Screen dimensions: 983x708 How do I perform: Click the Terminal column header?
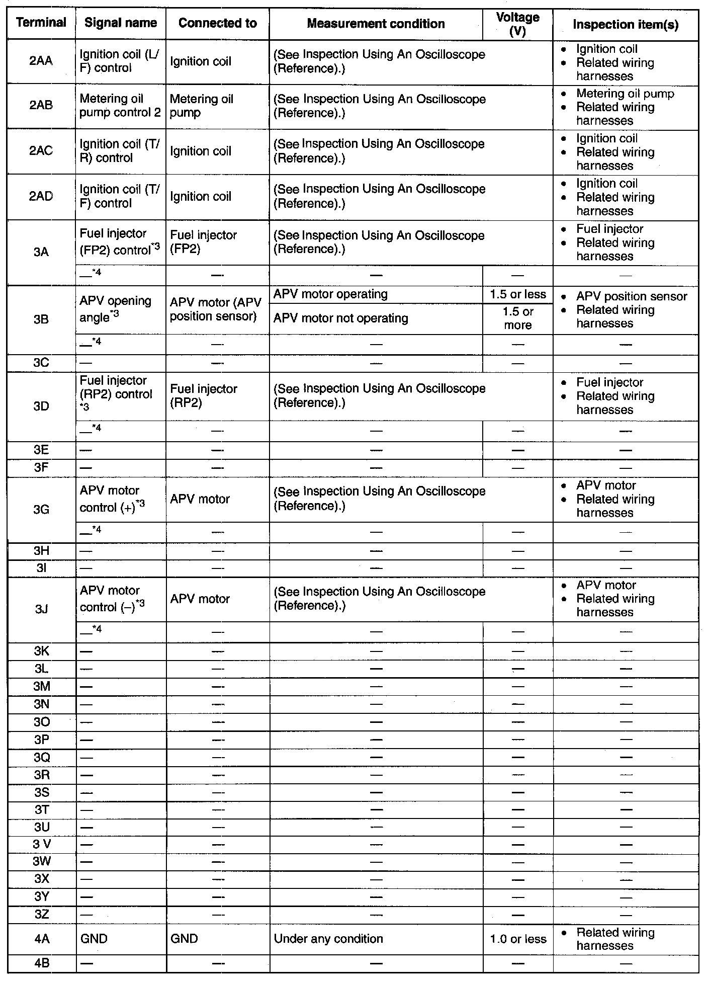[41, 23]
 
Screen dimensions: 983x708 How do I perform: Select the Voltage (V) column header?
[517, 24]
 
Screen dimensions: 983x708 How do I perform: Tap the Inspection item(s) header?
[626, 25]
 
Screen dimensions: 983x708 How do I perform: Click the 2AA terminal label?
[41, 61]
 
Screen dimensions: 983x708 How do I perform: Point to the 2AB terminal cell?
[41, 105]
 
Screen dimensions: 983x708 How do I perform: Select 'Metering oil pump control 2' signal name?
[120, 106]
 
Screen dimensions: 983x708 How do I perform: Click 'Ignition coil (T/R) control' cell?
[120, 151]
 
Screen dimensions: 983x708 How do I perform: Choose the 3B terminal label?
[41, 319]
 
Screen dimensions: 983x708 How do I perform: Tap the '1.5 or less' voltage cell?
[517, 294]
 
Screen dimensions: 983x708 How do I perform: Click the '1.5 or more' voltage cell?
[517, 318]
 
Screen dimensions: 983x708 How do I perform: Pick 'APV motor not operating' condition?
[340, 318]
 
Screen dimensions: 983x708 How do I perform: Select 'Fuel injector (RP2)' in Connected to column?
[203, 396]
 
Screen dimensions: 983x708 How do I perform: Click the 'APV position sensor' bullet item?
[631, 296]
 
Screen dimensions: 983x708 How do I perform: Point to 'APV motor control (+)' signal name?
[112, 499]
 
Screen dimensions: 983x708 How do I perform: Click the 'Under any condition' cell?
[328, 939]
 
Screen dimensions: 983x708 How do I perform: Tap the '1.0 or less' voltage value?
[517, 939]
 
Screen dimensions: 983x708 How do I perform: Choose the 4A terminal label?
[41, 939]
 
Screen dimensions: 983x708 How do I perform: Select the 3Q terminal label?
[41, 758]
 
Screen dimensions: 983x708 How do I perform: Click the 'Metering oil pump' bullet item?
[625, 94]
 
